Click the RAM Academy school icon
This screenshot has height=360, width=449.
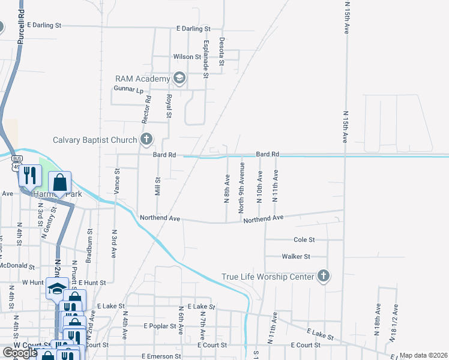pyautogui.click(x=179, y=79)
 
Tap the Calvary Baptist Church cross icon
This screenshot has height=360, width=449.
pyautogui.click(x=146, y=140)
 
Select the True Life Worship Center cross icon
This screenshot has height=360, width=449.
pyautogui.click(x=323, y=276)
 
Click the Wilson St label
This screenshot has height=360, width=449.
pyautogui.click(x=187, y=57)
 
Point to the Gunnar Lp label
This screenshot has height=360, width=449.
pyautogui.click(x=128, y=90)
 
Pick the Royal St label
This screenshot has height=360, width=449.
pyautogui.click(x=169, y=106)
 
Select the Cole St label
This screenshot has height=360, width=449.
pyautogui.click(x=304, y=239)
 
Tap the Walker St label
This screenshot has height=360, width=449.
pyautogui.click(x=296, y=256)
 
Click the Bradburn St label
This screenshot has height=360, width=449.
pyautogui.click(x=89, y=240)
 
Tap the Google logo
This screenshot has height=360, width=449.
pyautogui.click(x=20, y=353)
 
